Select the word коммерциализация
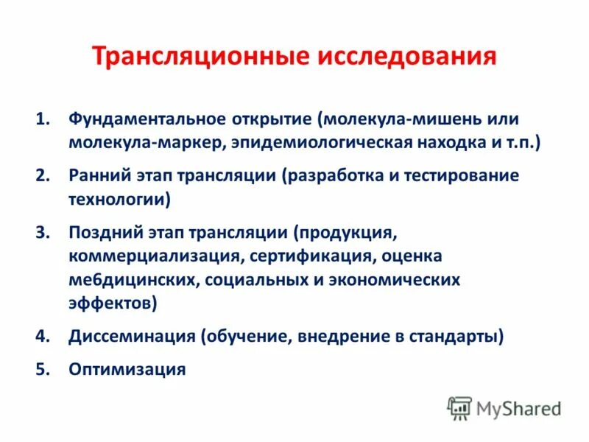coord(155,256)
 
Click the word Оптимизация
coord(127,369)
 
